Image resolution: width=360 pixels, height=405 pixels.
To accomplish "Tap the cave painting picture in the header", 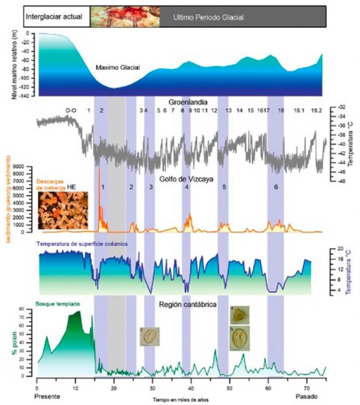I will [125, 17].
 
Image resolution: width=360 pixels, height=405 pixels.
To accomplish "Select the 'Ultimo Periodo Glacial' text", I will [208, 18].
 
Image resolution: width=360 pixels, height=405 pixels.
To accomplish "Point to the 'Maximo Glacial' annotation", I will [117, 68].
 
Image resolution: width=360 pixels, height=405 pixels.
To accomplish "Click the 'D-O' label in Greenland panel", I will [71, 111].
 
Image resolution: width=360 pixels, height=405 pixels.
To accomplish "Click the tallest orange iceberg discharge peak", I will [99, 170].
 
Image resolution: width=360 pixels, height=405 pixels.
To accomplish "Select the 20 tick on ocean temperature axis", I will [339, 249].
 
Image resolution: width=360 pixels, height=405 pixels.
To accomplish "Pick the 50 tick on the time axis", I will [229, 387].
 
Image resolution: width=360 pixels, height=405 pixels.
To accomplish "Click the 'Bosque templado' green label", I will [58, 304].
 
